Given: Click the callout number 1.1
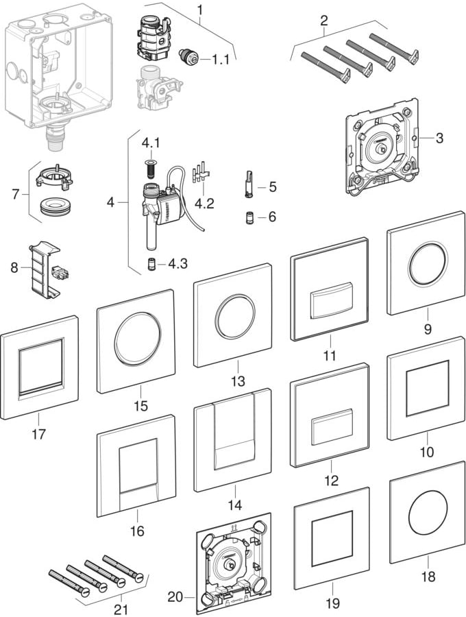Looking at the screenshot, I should (x=221, y=60).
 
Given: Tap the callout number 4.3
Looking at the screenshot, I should (x=178, y=263).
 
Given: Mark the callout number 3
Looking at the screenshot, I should (x=439, y=138).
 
